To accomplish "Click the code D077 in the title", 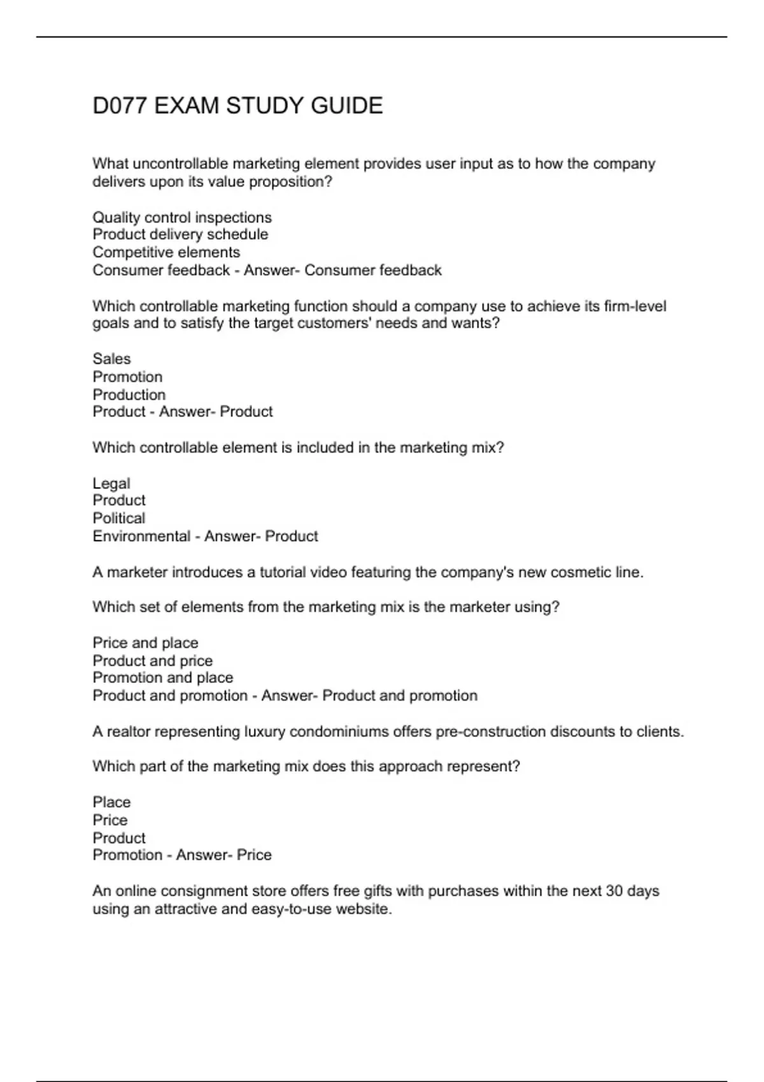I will coord(120,106).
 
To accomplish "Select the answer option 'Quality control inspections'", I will coord(182,218).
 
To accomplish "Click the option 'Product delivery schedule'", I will coord(180,235).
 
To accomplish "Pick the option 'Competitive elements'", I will coord(166,253).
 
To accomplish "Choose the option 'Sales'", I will coord(111,359).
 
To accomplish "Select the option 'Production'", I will coord(129,395).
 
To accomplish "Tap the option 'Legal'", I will coord(111,484).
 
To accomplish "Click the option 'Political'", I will coord(119,518).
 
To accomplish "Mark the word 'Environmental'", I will coord(141,537).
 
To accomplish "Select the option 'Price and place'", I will coord(145,643).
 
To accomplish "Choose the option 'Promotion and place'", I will coord(163,678).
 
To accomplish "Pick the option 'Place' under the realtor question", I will coord(111,803).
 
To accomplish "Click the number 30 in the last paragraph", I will coord(614,891).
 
